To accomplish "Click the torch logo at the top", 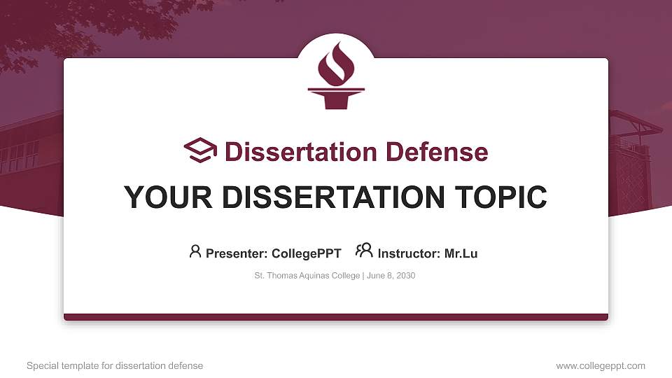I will click(336, 75).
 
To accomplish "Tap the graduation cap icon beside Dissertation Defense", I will click(200, 151).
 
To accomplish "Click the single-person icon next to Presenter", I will click(195, 251).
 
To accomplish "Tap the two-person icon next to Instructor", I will click(364, 251).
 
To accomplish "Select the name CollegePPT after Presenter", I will click(307, 253).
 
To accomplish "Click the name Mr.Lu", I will click(461, 253).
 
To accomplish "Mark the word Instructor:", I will click(409, 253).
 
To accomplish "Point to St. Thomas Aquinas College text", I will click(307, 276).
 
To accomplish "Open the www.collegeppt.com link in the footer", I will click(601, 366).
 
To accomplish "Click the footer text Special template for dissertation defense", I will click(115, 366).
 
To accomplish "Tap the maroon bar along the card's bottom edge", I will click(336, 317).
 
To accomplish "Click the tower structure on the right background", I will click(634, 168).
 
